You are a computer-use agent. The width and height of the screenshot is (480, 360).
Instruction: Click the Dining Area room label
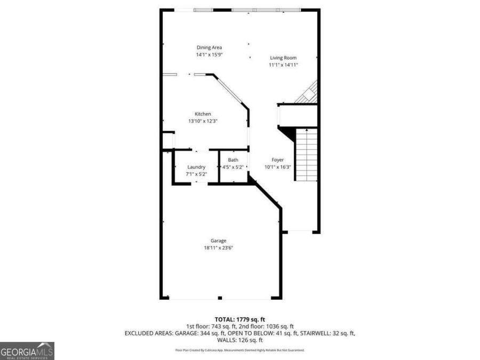tap(209, 47)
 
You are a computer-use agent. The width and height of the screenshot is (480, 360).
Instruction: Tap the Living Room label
tap(283, 58)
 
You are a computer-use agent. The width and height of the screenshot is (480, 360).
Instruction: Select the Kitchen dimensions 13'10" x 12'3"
tap(203, 121)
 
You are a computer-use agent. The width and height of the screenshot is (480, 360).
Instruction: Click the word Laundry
tap(196, 167)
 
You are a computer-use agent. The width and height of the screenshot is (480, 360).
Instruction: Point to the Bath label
tap(233, 160)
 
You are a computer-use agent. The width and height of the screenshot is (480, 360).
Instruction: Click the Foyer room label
tap(277, 159)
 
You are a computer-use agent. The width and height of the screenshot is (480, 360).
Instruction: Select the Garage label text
tap(218, 241)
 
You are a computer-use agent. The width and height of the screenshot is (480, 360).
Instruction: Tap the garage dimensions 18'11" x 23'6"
tap(218, 247)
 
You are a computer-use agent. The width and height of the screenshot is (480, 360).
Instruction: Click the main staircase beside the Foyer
tap(306, 155)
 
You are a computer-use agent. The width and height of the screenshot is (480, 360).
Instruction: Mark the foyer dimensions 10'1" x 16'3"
tap(277, 166)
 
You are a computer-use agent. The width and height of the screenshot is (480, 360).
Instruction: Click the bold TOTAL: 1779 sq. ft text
tap(239, 318)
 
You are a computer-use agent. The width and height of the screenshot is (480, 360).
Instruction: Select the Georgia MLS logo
tap(27, 351)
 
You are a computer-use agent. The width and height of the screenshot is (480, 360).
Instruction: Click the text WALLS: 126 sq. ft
tap(239, 340)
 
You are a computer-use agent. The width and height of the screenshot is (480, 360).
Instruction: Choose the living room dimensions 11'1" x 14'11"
tap(283, 65)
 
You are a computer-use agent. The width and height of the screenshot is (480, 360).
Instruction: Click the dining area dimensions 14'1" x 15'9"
tap(209, 54)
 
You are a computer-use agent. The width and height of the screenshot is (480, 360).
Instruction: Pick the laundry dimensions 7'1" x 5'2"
tap(196, 174)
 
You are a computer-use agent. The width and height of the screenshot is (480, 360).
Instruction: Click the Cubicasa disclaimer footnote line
tap(239, 350)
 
